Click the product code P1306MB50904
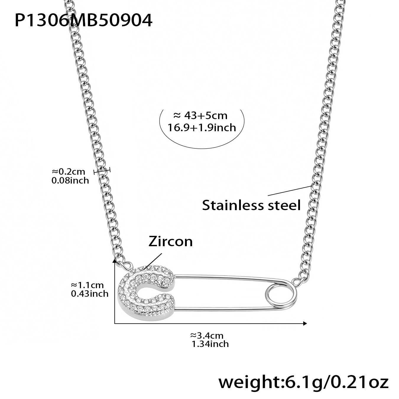pos(83,21)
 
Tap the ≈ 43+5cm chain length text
pos(200,115)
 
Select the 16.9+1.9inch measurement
pos(202,128)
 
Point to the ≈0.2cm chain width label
pos(69,171)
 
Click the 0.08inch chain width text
pos(70,180)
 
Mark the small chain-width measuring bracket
pos(102,171)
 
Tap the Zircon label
pos(171,241)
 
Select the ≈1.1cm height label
pos(87,285)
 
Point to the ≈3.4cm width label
pos(207,336)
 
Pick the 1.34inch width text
pos(210,344)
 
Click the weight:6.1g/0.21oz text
pos(303,382)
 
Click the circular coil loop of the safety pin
pos(280,295)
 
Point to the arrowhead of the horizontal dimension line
pos(305,323)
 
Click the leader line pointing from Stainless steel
pos(290,191)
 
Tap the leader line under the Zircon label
pos(153,261)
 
